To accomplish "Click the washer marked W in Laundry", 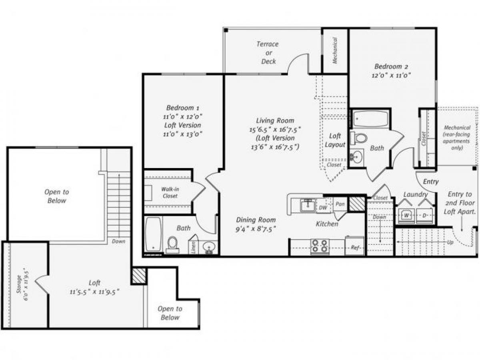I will pyautogui.click(x=406, y=216).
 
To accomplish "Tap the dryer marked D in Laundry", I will pyautogui.click(x=424, y=216).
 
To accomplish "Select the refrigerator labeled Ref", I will pyautogui.click(x=354, y=247).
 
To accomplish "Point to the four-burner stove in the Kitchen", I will pyautogui.click(x=320, y=246).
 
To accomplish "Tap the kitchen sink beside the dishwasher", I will pyautogui.click(x=308, y=204).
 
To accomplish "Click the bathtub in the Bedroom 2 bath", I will pyautogui.click(x=370, y=118).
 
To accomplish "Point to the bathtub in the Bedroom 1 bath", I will pyautogui.click(x=153, y=234).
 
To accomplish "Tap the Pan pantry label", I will pyautogui.click(x=340, y=204).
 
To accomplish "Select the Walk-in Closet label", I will pyautogui.click(x=170, y=192).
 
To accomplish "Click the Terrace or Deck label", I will pyautogui.click(x=268, y=52).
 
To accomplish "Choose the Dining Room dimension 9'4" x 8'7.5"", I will pyautogui.click(x=256, y=229).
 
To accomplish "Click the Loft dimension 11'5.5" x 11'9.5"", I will pyautogui.click(x=94, y=292).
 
